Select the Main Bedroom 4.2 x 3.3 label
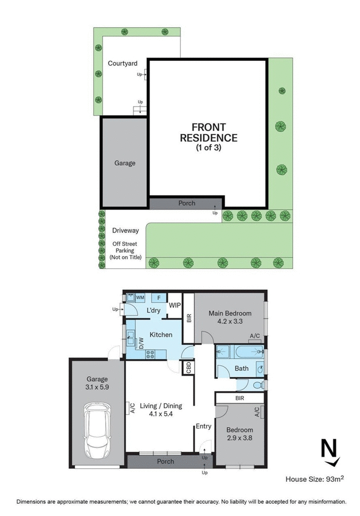coord(230,317)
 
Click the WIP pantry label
coord(175,305)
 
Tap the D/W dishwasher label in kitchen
coord(142,342)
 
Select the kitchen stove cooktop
coord(150,354)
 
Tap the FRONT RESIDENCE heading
coord(209,132)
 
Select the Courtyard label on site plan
coord(123,64)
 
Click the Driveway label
coord(125,231)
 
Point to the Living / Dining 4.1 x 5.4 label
coord(161,409)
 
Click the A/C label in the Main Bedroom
coord(255,336)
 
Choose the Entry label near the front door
coord(204,426)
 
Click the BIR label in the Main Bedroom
coord(188,318)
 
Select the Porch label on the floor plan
coord(166,461)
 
